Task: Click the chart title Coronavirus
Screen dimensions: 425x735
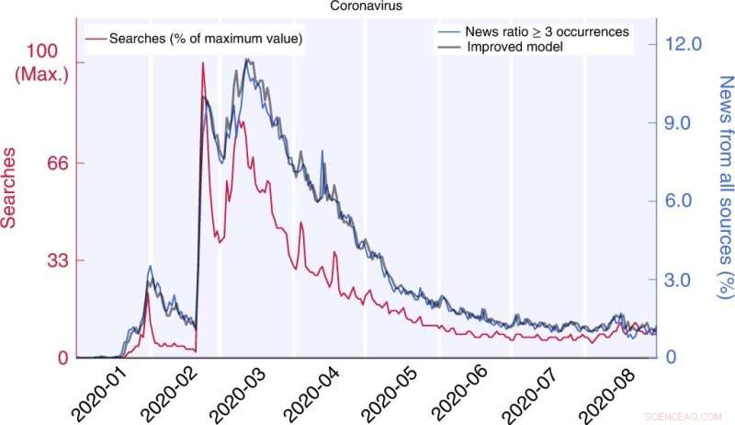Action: [x=367, y=6]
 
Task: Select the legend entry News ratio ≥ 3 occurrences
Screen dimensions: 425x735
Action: [x=546, y=31]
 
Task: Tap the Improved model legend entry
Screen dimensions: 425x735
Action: [x=515, y=46]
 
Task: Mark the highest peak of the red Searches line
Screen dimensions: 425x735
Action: [x=203, y=63]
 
